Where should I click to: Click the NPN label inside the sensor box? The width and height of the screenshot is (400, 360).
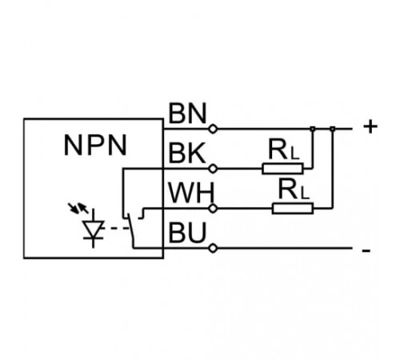[x=95, y=146]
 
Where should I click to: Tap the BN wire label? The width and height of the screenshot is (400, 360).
[x=188, y=114]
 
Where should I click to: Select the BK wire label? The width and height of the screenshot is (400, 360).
[x=187, y=153]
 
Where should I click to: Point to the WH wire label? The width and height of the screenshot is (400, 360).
[x=191, y=193]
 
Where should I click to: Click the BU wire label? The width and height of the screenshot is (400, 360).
[x=187, y=232]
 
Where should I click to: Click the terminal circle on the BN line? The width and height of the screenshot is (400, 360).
[x=213, y=129]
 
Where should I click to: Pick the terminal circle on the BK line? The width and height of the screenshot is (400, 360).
[x=213, y=169]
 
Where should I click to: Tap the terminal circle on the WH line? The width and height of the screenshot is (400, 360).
[x=213, y=209]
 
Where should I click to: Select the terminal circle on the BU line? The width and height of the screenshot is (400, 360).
[x=213, y=249]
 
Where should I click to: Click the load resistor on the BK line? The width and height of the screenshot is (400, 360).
[x=282, y=169]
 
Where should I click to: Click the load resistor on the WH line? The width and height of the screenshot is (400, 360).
[x=293, y=209]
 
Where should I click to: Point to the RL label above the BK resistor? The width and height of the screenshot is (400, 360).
[x=284, y=150]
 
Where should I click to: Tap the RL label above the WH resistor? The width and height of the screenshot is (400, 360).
[x=294, y=190]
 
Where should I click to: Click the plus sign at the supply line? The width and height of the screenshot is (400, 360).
[x=370, y=126]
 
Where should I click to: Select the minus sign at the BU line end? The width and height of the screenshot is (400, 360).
[x=366, y=250]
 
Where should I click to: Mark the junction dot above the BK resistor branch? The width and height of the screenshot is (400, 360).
[x=313, y=129]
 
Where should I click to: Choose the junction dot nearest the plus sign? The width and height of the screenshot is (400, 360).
[x=333, y=129]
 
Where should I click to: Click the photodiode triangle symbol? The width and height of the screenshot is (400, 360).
[x=93, y=229]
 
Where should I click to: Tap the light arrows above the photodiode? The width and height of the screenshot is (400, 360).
[x=78, y=208]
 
